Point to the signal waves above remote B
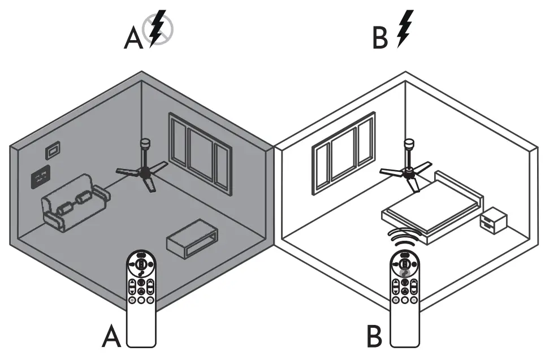click(x=405, y=238)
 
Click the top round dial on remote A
click(x=141, y=262)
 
